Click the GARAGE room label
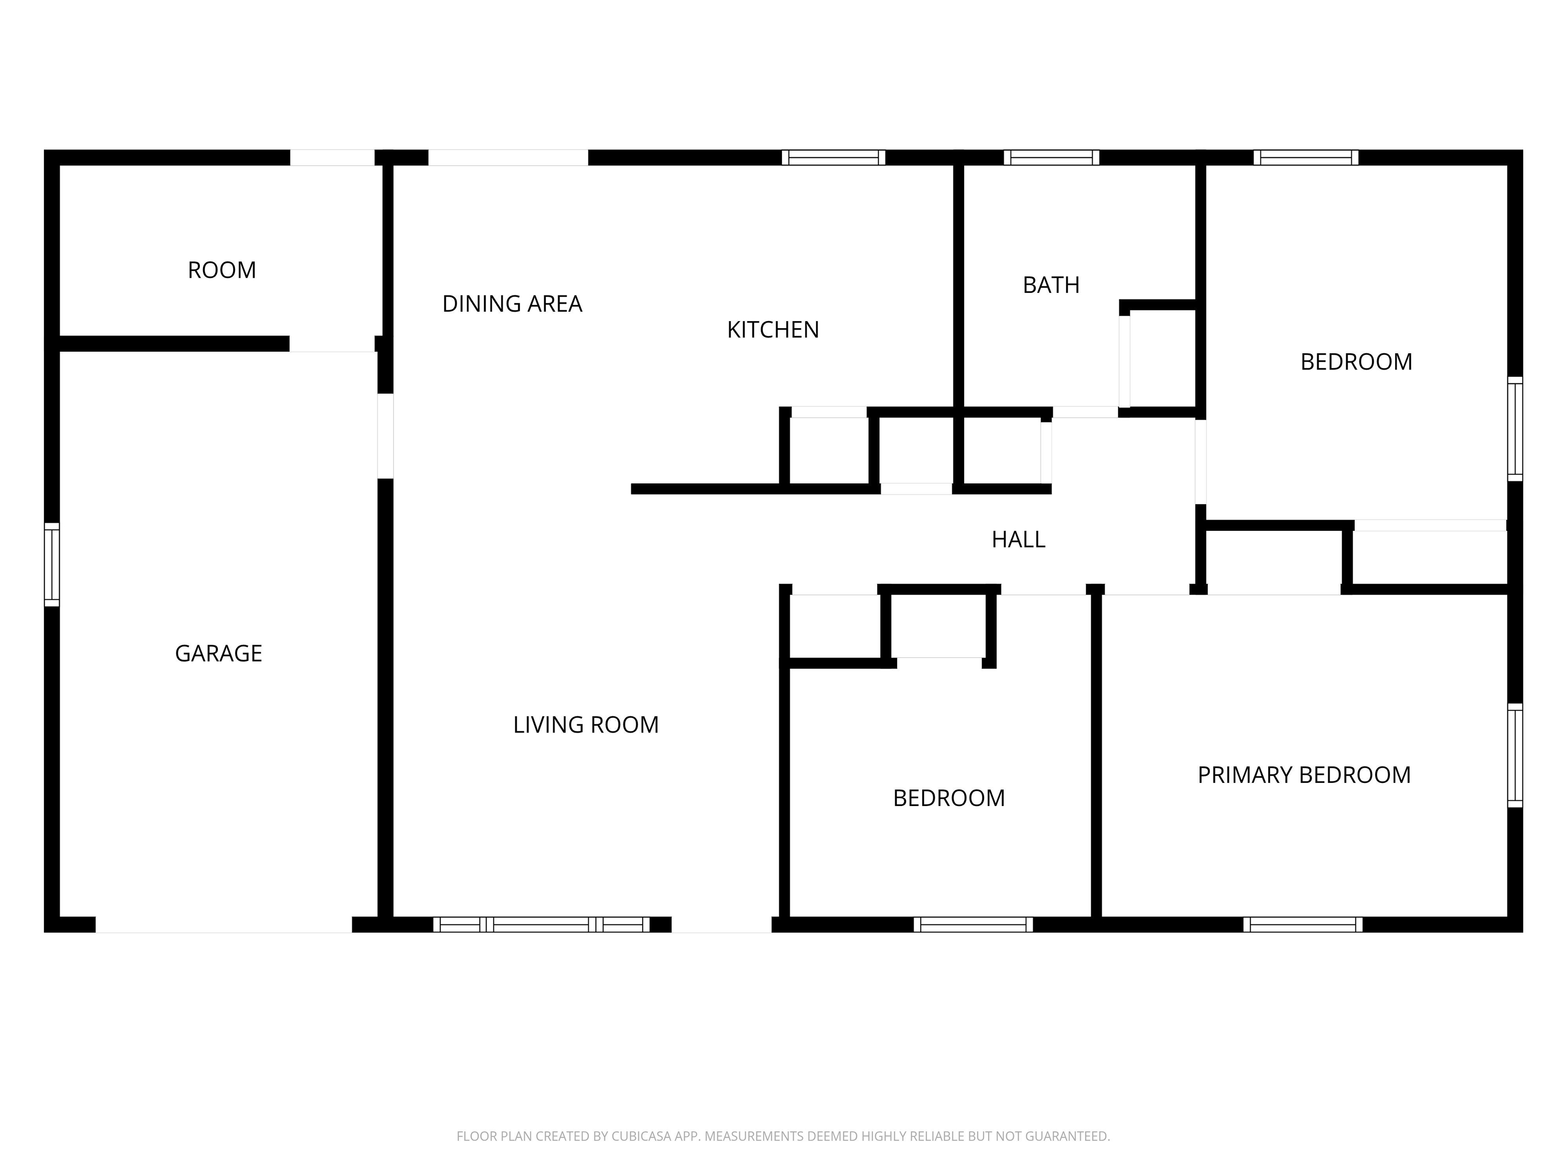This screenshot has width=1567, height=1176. click(x=218, y=653)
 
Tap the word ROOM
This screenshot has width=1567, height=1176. click(x=222, y=270)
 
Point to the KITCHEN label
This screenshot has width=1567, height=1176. click(x=773, y=330)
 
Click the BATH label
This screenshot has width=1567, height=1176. click(x=1051, y=285)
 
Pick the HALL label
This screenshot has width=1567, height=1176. click(x=1018, y=540)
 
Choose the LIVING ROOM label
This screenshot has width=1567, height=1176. click(x=586, y=724)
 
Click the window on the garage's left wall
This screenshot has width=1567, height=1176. click(x=52, y=564)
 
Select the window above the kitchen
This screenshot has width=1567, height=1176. click(x=834, y=157)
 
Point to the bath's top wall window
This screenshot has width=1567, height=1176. click(x=1051, y=157)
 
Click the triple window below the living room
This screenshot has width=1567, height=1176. click(x=541, y=924)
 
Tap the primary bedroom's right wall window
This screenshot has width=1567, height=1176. click(x=1514, y=755)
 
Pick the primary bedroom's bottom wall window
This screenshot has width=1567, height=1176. click(x=1303, y=924)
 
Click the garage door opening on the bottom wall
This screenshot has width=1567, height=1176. click(x=224, y=924)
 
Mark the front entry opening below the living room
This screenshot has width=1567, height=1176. click(x=721, y=924)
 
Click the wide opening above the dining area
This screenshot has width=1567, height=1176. click(x=508, y=157)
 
